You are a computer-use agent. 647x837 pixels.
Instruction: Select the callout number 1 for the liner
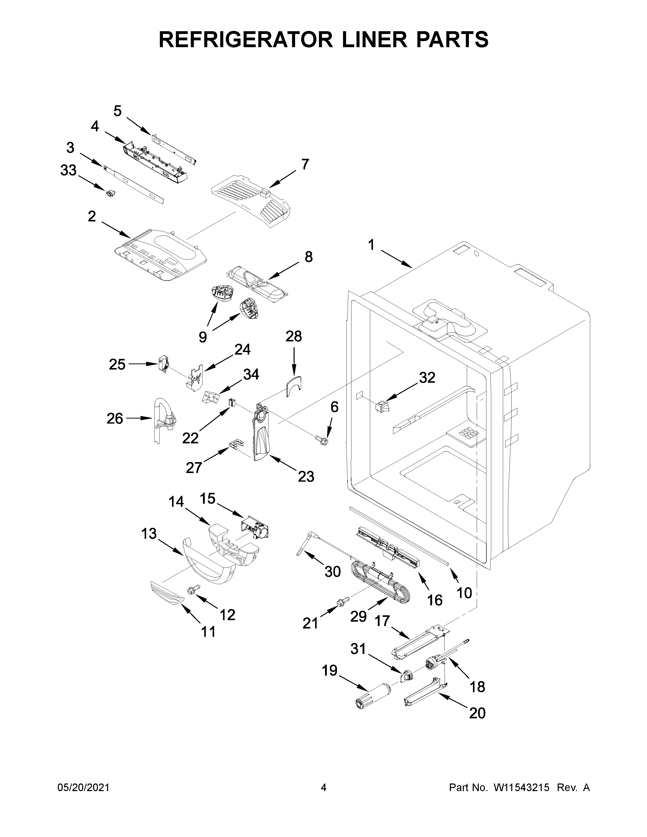coord(371,245)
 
